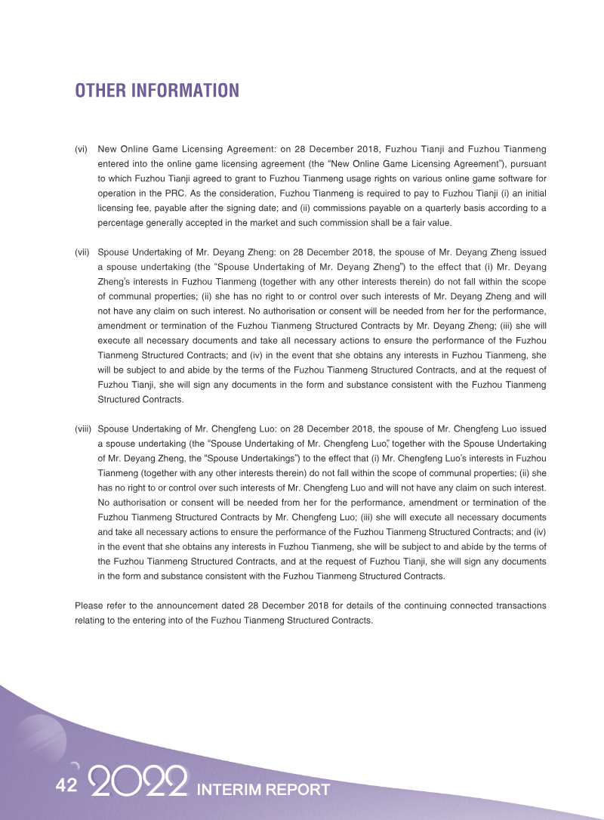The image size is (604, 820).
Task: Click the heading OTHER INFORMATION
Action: (156, 91)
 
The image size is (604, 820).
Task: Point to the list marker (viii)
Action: (83, 429)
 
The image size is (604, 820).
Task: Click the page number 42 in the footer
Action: (66, 786)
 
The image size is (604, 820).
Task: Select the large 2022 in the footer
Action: (137, 784)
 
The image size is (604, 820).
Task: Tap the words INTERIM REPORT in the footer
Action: (263, 790)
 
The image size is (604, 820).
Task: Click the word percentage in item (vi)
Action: (122, 223)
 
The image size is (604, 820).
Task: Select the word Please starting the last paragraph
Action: (89, 606)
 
